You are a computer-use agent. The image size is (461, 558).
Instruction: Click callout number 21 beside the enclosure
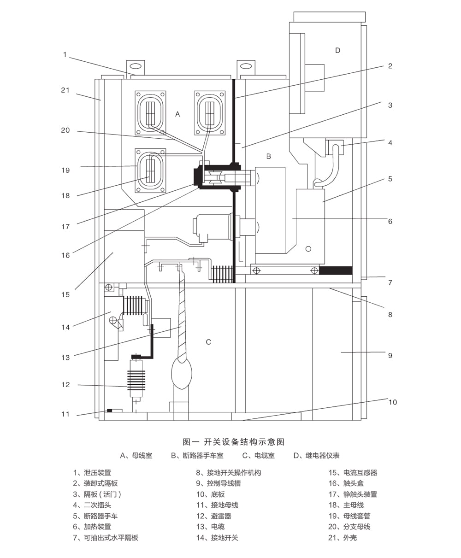(x=65, y=90)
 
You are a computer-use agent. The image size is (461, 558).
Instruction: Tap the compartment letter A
(x=177, y=114)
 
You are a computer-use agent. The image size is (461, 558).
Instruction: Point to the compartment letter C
(x=208, y=342)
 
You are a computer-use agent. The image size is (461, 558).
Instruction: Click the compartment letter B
(x=269, y=157)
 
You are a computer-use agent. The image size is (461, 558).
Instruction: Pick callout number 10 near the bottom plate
(x=392, y=402)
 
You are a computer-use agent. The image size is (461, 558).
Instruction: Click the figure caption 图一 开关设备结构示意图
(x=234, y=442)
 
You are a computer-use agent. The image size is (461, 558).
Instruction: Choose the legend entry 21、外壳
(x=343, y=538)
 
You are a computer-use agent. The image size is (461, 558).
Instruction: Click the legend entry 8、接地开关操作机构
(x=228, y=473)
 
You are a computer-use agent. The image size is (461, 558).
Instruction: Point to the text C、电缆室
(x=259, y=456)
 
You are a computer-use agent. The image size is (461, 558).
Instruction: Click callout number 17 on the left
(x=65, y=227)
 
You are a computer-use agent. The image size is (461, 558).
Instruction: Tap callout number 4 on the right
(x=390, y=143)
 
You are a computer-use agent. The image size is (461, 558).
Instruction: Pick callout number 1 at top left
(x=65, y=55)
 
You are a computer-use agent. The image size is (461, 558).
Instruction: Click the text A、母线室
(x=136, y=456)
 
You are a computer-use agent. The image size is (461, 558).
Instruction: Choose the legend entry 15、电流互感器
(x=353, y=473)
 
